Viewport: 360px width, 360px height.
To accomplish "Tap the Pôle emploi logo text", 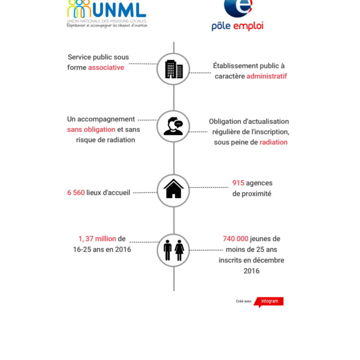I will (237, 26).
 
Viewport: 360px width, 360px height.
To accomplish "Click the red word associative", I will (106, 67).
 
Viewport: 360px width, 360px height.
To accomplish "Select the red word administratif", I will (266, 76).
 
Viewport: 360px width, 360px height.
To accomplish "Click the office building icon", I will (173, 69).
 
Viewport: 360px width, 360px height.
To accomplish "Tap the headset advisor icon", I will (173, 126).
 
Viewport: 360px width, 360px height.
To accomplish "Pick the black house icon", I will (173, 189).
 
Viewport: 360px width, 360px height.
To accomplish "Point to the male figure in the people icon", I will (168, 250).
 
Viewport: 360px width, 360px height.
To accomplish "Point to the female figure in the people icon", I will (179, 250).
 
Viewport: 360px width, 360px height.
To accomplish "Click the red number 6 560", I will (76, 193).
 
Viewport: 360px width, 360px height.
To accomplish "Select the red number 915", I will (238, 183).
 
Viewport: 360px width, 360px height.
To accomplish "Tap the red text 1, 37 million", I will (97, 239).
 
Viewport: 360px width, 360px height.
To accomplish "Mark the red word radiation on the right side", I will (274, 142).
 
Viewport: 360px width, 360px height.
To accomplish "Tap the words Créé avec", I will (243, 301).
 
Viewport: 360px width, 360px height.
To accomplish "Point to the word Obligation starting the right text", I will (225, 121).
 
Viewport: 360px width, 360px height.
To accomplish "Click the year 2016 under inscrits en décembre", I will (252, 271).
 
